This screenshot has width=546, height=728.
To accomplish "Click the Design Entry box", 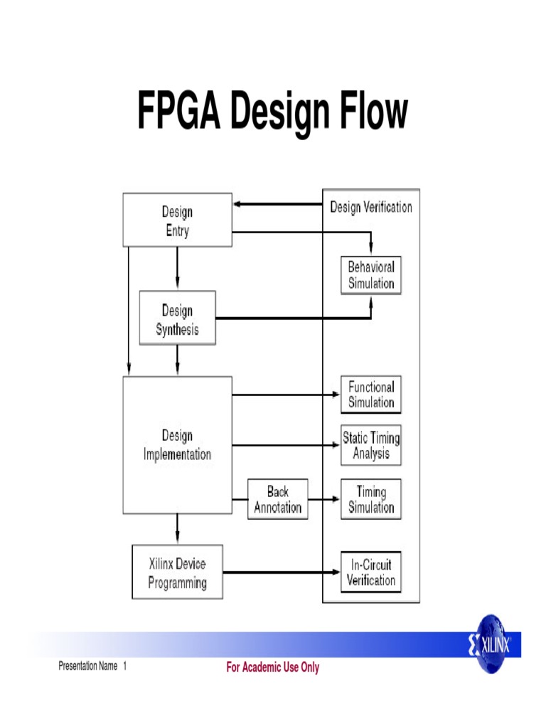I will pyautogui.click(x=177, y=220).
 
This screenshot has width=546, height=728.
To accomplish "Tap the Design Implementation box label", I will pyautogui.click(x=177, y=445).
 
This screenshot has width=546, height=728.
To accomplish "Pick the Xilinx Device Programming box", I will pyautogui.click(x=177, y=573).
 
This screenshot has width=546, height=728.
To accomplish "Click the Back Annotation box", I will pyautogui.click(x=278, y=499).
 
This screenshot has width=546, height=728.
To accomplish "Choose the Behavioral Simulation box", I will pyautogui.click(x=370, y=275).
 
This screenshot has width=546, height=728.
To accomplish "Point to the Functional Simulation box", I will pyautogui.click(x=370, y=395).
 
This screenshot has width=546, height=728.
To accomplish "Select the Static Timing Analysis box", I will pyautogui.click(x=370, y=445).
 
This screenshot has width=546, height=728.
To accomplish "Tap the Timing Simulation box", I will pyautogui.click(x=370, y=499).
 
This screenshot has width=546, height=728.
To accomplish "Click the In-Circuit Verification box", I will pyautogui.click(x=370, y=572).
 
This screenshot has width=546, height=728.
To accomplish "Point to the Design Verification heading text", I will pyautogui.click(x=370, y=207).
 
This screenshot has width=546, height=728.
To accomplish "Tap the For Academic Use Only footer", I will pyautogui.click(x=273, y=668).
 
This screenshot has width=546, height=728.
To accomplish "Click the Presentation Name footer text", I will pyautogui.click(x=88, y=667).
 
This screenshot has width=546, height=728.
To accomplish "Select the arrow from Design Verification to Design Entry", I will pyautogui.click(x=277, y=204).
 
